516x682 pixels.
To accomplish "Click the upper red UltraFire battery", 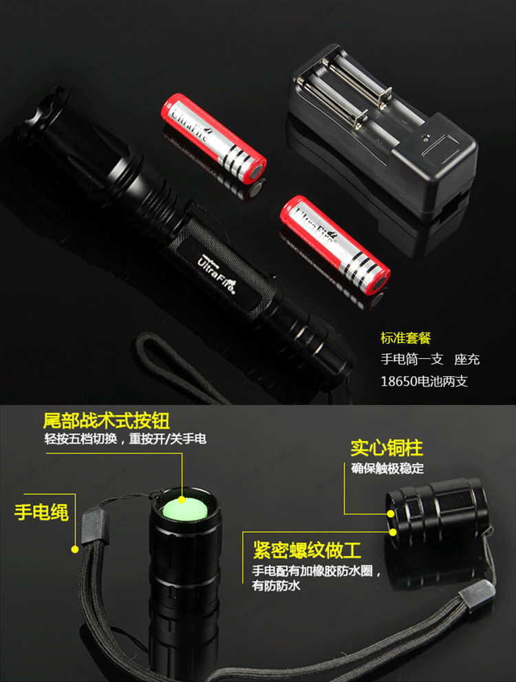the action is point(213,138).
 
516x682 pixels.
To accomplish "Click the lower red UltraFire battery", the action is point(334,245).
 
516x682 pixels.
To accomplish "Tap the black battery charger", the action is point(383,131).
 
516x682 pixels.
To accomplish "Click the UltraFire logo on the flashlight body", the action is point(217,274).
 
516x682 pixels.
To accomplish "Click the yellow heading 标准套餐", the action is point(405,338).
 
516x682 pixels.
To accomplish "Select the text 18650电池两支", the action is point(424,382).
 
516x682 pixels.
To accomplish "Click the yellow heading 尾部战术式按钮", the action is point(106,421).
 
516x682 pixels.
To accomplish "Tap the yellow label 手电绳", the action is point(41,511).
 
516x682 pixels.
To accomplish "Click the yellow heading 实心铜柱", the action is point(387,448).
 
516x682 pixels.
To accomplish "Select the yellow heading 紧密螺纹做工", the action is point(308,550).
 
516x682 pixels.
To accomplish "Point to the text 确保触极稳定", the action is point(387,468).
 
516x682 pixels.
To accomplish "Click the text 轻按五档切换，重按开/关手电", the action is point(125,439).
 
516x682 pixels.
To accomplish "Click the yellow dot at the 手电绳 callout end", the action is point(75,550).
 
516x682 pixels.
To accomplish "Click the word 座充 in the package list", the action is point(466,360).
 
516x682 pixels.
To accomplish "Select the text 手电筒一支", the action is point(412,360).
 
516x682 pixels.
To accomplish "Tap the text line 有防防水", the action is point(276,586).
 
